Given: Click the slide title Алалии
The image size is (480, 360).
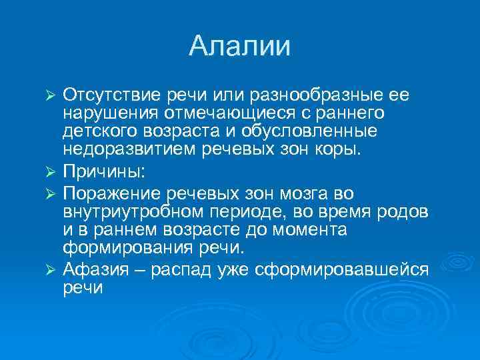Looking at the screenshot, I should tap(240, 47).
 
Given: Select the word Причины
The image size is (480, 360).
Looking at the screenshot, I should tap(101, 171).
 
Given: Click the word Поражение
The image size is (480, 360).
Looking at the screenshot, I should tap(106, 194).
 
